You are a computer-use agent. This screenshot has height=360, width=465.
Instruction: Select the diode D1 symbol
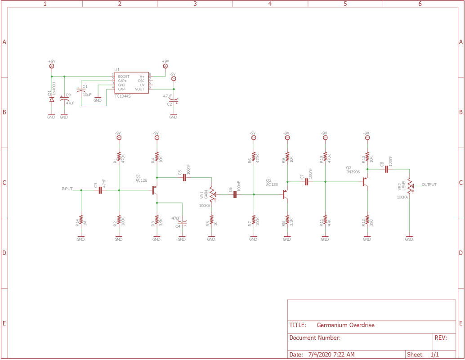(x=51, y=99)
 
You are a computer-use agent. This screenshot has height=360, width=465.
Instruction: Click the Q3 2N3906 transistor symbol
(x=365, y=182)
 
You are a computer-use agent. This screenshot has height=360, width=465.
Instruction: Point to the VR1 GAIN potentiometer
(x=212, y=194)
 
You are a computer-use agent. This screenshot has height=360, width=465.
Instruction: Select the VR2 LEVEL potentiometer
(x=410, y=185)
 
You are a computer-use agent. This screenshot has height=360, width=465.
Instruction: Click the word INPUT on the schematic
(x=67, y=189)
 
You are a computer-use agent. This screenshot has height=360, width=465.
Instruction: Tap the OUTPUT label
(x=429, y=184)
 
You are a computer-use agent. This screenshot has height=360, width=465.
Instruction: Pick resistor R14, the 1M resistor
(x=81, y=220)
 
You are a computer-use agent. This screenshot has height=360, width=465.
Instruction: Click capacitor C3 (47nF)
(x=100, y=190)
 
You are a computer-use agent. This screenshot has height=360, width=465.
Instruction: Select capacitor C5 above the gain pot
(x=184, y=178)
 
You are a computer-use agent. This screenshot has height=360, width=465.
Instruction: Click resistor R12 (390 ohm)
(x=367, y=220)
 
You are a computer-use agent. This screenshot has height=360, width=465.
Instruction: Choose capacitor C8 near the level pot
(x=386, y=169)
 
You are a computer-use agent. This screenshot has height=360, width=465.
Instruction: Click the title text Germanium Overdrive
(x=345, y=325)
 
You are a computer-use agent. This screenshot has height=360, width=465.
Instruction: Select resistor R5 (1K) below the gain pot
(x=211, y=220)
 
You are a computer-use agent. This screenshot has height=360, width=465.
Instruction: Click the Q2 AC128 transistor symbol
(x=285, y=194)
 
